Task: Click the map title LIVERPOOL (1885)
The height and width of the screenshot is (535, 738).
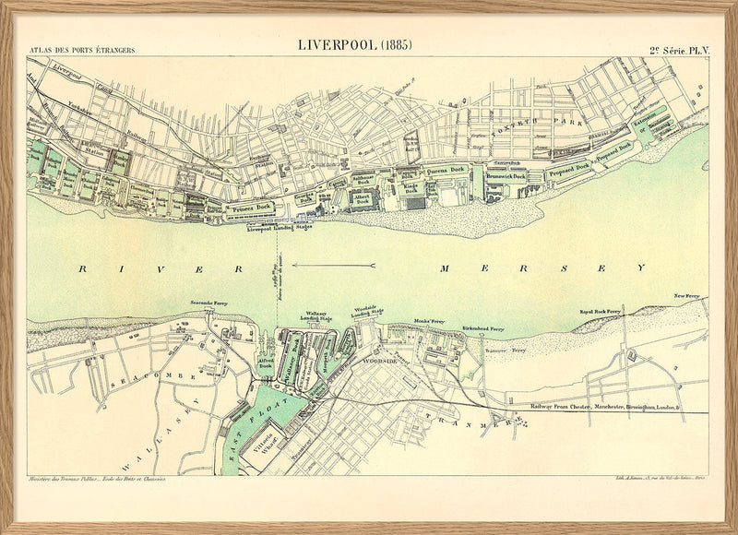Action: click(x=355, y=44)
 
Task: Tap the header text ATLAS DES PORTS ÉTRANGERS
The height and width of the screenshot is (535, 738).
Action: click(x=82, y=50)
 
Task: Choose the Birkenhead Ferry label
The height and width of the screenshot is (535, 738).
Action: click(x=483, y=327)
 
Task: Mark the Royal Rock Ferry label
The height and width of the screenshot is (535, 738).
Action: click(x=601, y=313)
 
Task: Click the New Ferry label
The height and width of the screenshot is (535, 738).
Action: click(x=686, y=296)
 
